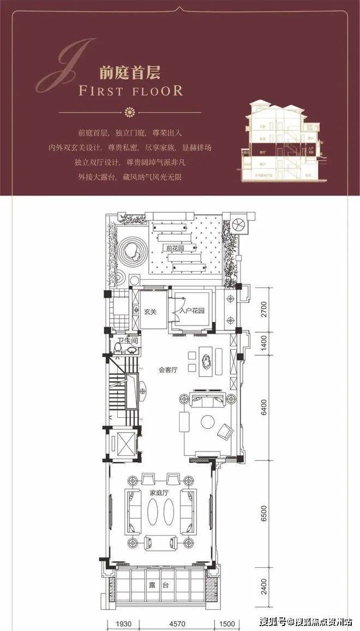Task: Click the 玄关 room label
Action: click(x=151, y=312)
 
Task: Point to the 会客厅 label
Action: click(x=169, y=370)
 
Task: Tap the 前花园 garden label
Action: click(x=176, y=248)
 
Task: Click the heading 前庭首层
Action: click(x=129, y=73)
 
